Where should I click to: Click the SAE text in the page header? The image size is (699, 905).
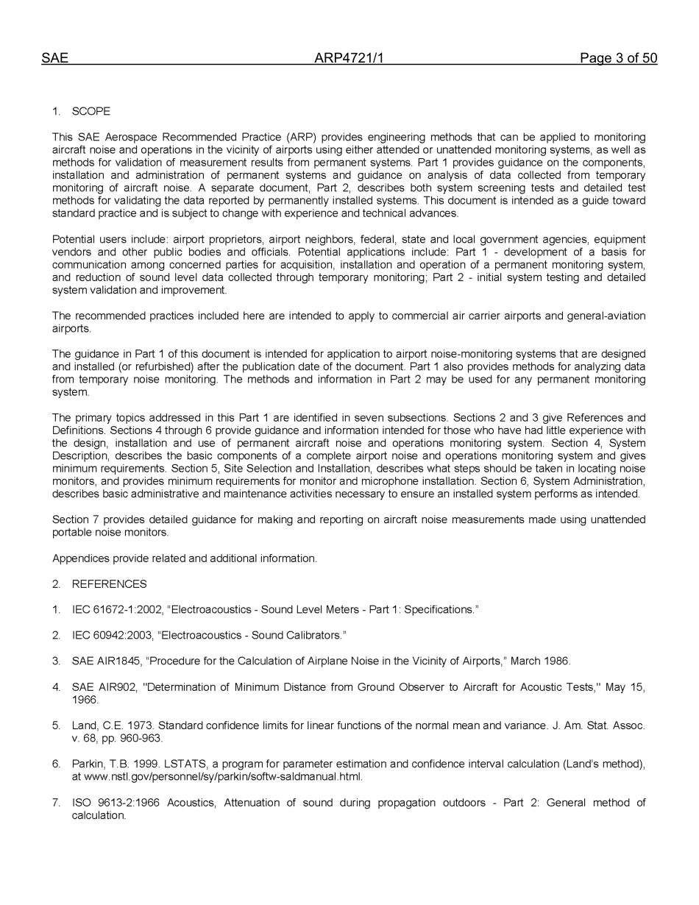(54, 59)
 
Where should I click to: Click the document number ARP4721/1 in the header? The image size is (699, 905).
(349, 59)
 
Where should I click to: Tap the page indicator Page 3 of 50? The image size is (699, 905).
(618, 59)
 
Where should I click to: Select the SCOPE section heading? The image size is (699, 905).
(91, 112)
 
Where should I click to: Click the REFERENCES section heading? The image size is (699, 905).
(109, 584)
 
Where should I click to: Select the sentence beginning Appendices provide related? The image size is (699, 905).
(184, 558)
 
